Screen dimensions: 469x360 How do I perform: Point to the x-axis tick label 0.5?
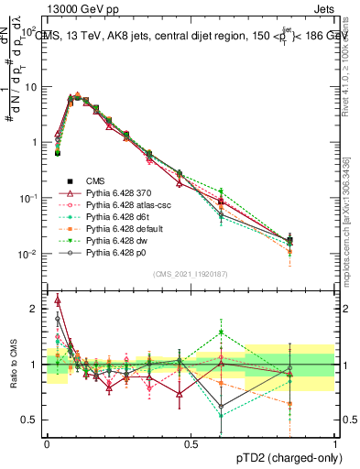[x=191, y=442]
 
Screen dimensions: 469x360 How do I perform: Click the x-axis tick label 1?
[x=335, y=442]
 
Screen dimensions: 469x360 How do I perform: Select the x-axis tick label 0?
[x=47, y=442]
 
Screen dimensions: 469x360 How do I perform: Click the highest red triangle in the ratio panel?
[x=58, y=300]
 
